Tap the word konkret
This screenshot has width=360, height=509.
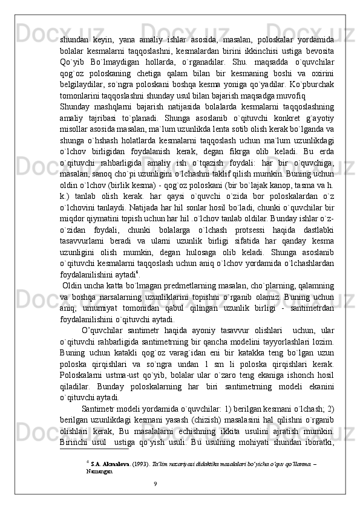251,115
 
